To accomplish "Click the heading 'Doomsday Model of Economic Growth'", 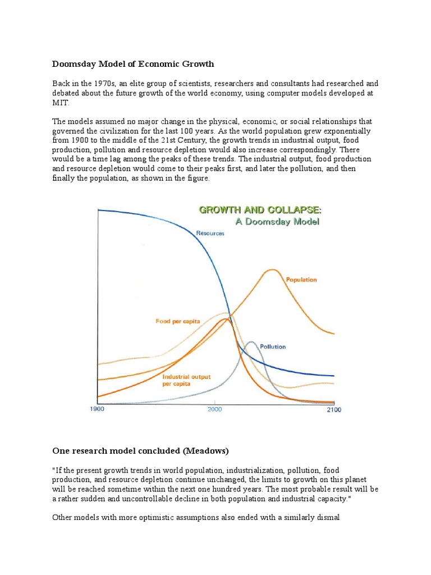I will (133, 63).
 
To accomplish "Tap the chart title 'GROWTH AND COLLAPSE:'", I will (260, 210).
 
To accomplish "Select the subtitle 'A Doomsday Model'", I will (278, 221).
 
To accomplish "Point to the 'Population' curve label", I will (301, 279).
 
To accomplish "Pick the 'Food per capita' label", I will (178, 321).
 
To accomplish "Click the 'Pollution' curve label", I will (272, 346).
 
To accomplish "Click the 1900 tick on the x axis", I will (98, 409).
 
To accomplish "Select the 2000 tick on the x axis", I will (215, 409).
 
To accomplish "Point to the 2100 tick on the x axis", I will (333, 409).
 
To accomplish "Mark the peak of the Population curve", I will (273, 270).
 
